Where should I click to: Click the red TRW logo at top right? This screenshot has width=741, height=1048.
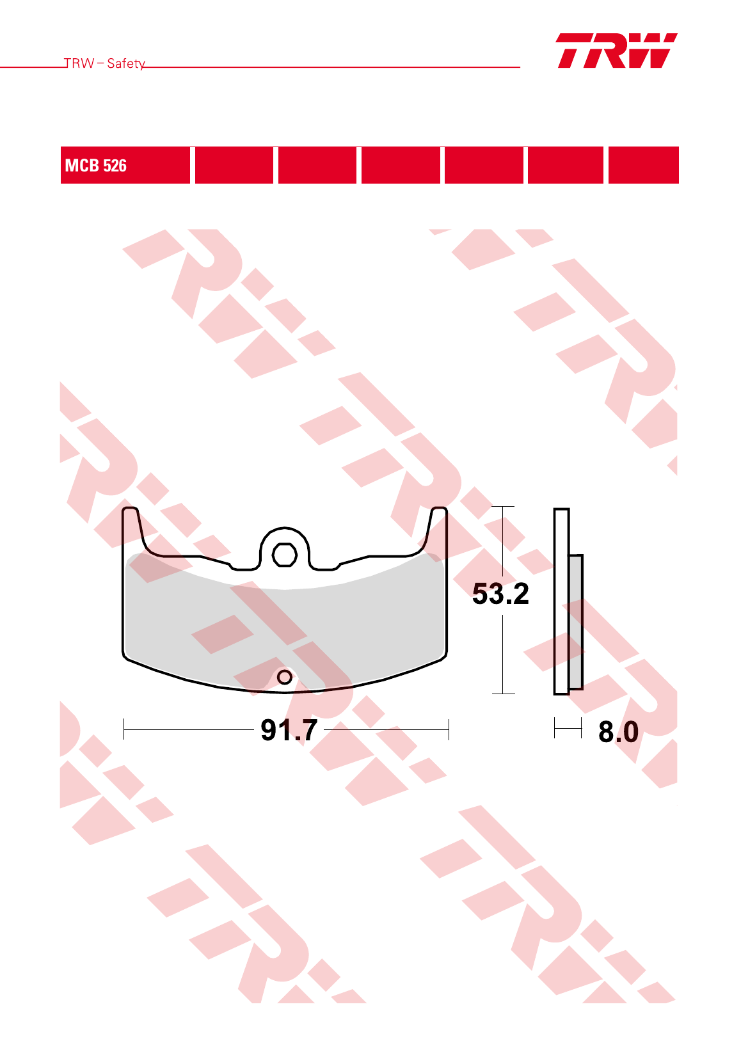pos(617,51)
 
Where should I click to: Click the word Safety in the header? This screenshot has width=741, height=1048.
pos(126,63)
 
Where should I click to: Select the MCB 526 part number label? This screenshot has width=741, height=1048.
pos(96,166)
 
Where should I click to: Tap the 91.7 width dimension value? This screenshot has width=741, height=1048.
pos(289,730)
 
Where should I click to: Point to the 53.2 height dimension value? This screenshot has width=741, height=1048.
pos(500,594)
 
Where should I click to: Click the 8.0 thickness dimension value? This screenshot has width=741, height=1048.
pos(618,732)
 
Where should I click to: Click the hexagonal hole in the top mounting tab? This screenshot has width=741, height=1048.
pos(284,555)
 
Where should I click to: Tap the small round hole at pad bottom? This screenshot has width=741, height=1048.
pos(284,676)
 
